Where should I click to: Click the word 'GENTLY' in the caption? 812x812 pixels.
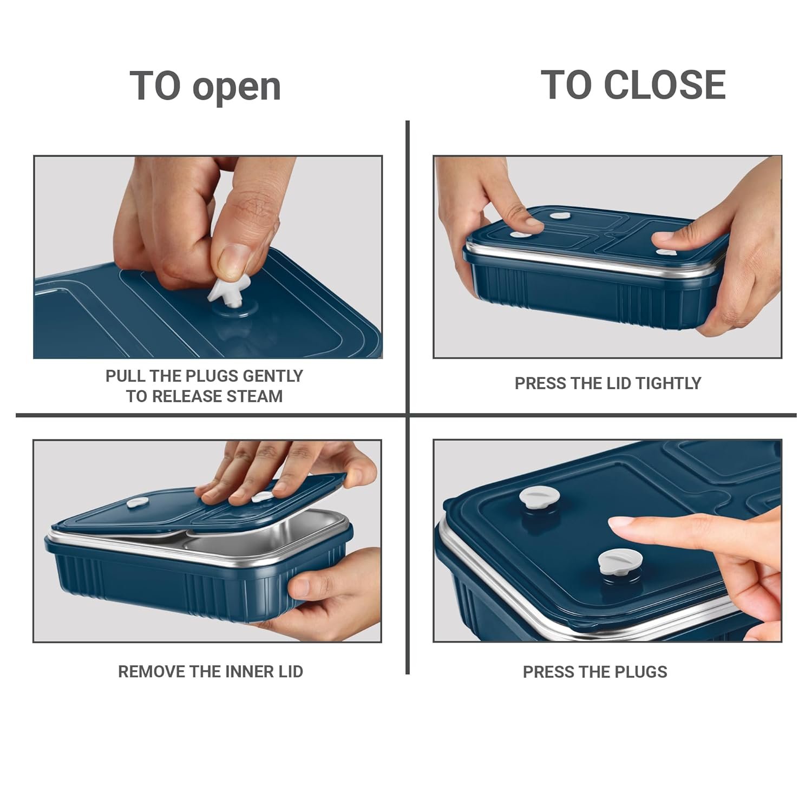tap(273, 376)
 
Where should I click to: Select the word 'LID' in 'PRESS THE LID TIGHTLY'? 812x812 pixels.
tap(619, 383)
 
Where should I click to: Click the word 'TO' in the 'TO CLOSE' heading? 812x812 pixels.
tap(568, 85)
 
